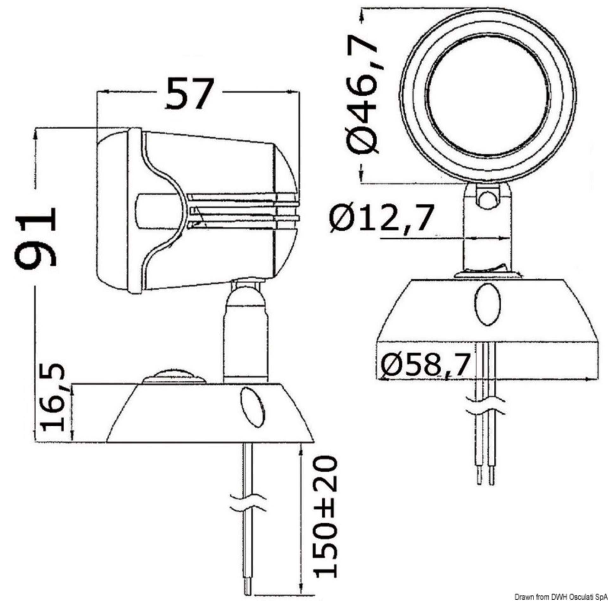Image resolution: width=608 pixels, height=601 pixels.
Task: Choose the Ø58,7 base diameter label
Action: pyautogui.click(x=424, y=365)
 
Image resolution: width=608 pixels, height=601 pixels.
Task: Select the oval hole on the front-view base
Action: pyautogui.click(x=488, y=305)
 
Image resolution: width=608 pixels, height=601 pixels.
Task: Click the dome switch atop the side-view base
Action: pyautogui.click(x=174, y=377)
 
